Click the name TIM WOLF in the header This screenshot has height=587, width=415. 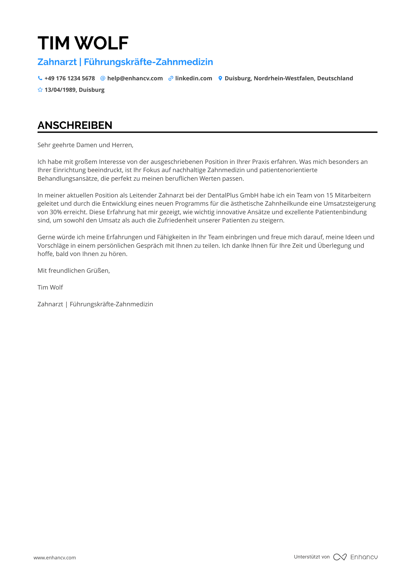click(83, 43)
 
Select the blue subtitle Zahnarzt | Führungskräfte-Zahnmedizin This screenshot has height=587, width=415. click(125, 62)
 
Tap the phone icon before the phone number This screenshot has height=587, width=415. click(40, 78)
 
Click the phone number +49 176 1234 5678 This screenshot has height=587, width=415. click(70, 78)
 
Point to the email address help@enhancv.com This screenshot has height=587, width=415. click(135, 78)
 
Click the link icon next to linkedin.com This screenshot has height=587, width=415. click(171, 78)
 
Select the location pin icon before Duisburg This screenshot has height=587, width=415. click(220, 78)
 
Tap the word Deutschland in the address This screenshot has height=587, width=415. click(335, 78)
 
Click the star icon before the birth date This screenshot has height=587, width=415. click(40, 90)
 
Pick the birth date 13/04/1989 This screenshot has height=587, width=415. click(60, 90)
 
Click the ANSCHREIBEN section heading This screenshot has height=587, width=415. click(75, 125)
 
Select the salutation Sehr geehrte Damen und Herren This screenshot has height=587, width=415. click(85, 145)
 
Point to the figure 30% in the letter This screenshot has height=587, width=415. click(56, 212)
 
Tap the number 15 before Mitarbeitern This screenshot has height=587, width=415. click(329, 195)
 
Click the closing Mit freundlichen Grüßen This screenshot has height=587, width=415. click(74, 271)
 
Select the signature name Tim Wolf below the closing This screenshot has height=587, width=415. click(50, 287)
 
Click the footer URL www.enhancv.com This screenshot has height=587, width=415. click(55, 558)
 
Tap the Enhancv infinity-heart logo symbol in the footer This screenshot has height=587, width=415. click(340, 557)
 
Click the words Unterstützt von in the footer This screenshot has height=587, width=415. click(312, 557)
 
